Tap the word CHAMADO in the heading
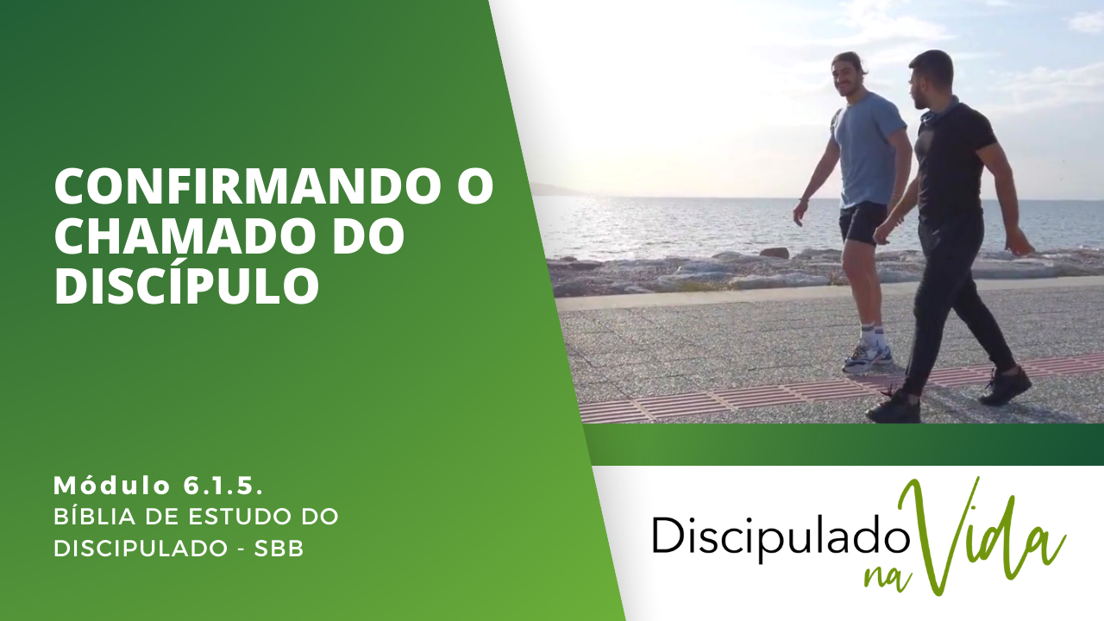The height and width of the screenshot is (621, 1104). coord(180,236)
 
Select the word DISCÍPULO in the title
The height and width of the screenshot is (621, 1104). coord(186,285)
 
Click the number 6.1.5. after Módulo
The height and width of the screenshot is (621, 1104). coord(223,486)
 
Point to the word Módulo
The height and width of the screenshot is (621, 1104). coord(112,486)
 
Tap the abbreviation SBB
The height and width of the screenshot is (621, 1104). coord(279,549)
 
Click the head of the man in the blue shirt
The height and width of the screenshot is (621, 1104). coord(850,77)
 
